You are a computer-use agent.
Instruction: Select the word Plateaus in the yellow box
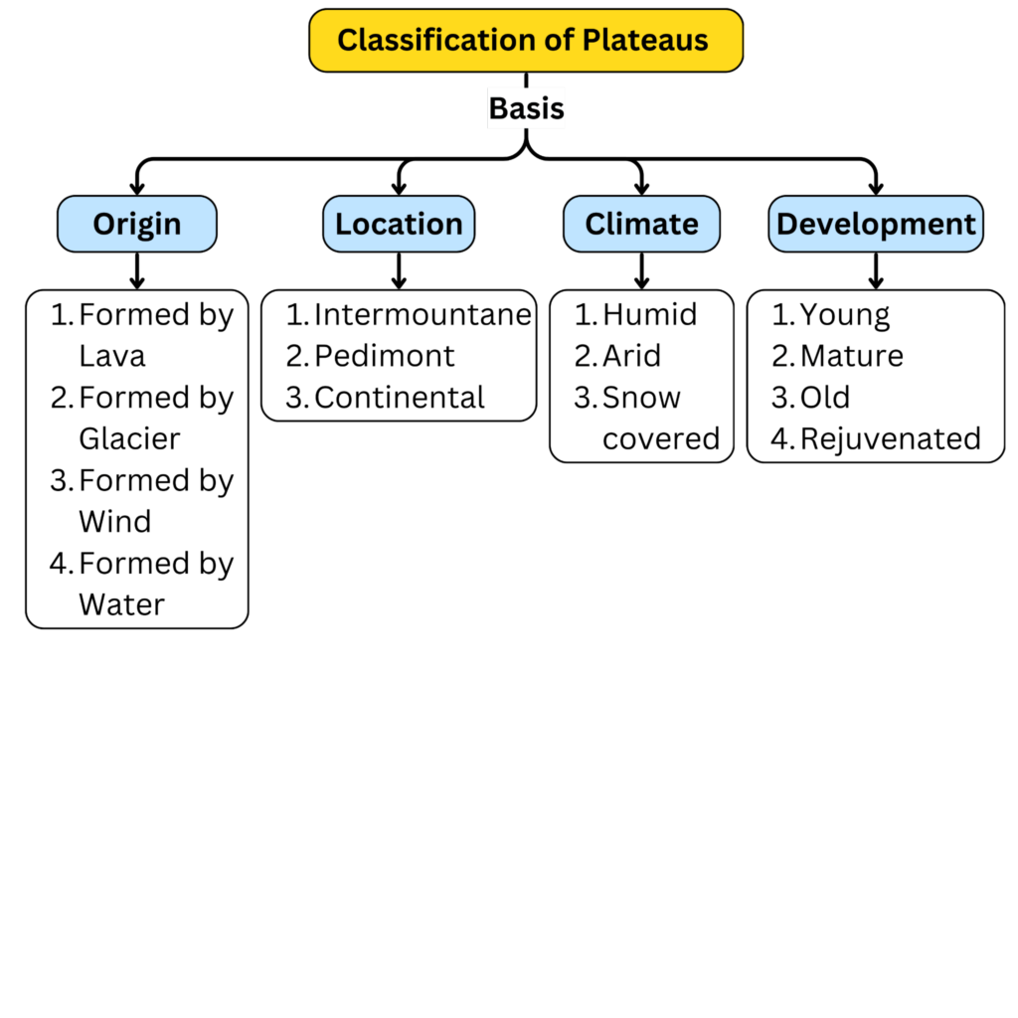[645, 40]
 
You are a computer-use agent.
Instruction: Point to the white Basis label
[526, 108]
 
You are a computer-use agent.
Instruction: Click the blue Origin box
[137, 224]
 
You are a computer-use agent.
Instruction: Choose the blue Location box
[399, 224]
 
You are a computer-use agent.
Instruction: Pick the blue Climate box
[641, 224]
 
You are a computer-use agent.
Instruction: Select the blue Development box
[876, 224]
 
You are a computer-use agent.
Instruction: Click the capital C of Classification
[348, 41]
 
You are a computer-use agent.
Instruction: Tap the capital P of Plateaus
[591, 41]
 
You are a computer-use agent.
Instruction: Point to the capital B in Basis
[497, 108]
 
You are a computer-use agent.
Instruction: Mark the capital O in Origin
[103, 225]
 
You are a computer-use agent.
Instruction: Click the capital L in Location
[342, 225]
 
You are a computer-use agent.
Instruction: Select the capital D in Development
[786, 225]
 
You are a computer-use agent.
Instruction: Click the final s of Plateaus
[701, 42]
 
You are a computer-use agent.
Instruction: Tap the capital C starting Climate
[595, 225]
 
